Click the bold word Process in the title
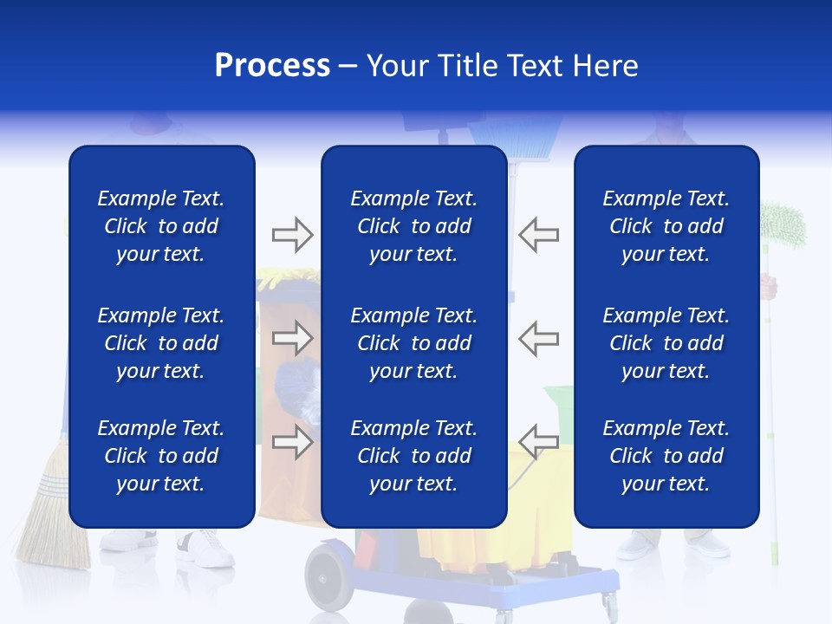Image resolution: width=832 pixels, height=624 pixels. [272, 66]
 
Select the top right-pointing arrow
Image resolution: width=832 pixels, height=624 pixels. [292, 235]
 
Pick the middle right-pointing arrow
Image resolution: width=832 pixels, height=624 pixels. [292, 338]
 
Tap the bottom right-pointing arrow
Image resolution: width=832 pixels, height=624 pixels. [292, 442]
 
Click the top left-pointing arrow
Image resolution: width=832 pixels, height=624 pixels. [539, 235]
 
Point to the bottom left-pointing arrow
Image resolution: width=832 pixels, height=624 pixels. [539, 440]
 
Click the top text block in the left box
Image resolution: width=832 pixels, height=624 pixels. [161, 226]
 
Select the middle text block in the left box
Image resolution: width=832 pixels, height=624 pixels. [161, 343]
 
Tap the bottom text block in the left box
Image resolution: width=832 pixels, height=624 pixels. [161, 456]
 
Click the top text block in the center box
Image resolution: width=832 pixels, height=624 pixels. [414, 226]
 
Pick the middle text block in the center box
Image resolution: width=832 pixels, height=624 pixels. [414, 343]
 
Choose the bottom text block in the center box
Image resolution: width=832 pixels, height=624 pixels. [414, 456]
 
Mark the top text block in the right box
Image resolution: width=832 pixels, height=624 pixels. [666, 226]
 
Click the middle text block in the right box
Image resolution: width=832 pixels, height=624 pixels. [666, 343]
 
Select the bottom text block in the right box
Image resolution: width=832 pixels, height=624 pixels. [666, 456]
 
